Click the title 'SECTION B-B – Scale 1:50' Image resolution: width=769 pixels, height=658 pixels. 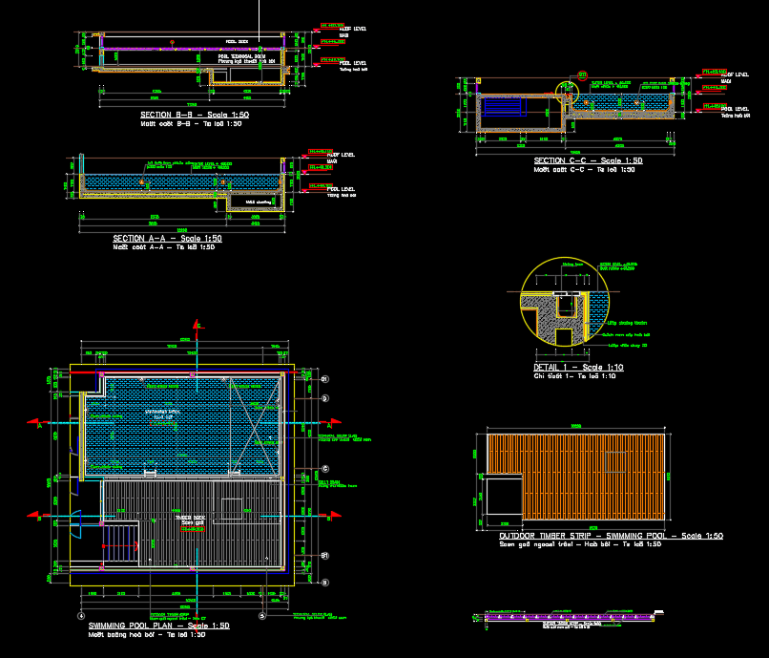[x=195, y=115]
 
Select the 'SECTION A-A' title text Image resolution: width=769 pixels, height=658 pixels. [x=167, y=239]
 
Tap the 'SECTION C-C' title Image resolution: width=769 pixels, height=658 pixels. [x=588, y=161]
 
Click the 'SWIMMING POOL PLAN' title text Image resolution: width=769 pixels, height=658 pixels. [x=156, y=626]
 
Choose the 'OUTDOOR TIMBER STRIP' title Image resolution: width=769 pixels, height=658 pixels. [x=611, y=536]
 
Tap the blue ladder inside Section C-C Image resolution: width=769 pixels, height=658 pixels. [x=502, y=105]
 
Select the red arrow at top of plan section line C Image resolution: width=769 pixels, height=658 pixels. [x=197, y=326]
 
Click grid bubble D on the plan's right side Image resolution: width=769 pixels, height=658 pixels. [x=325, y=396]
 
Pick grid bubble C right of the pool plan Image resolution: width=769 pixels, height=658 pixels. [x=325, y=468]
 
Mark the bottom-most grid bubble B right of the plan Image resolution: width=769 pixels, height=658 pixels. [x=325, y=582]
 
